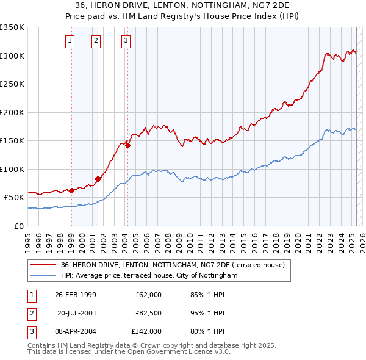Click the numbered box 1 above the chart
(71, 41)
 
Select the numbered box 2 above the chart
(96, 41)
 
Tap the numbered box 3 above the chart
(126, 41)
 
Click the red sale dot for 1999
(71, 190)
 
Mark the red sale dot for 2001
(98, 179)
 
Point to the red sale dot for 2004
(127, 145)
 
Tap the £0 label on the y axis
(18, 226)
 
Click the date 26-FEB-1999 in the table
(76, 295)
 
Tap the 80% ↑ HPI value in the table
(207, 331)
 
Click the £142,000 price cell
(146, 331)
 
